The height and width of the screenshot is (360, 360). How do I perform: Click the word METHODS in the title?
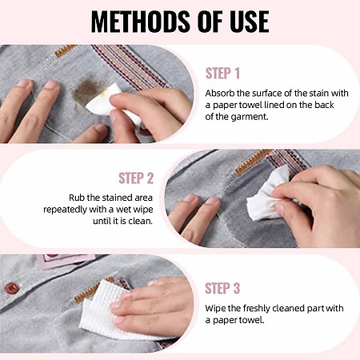142,22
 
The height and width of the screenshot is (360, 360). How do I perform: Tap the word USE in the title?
250,22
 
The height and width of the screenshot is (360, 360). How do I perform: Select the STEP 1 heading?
222,74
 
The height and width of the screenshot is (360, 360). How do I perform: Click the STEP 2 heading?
136,178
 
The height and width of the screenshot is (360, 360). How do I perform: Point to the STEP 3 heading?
222,288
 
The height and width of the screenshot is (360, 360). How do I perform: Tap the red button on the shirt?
12,288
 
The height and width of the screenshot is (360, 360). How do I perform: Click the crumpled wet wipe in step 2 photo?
268,196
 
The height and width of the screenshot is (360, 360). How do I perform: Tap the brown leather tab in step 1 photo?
66,50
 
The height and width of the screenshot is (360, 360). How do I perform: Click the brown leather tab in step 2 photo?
253,162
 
